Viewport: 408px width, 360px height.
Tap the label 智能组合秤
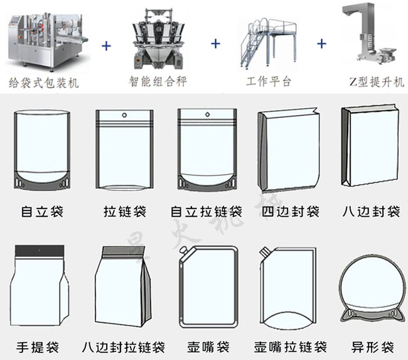158,82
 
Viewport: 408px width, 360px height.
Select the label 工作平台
269,82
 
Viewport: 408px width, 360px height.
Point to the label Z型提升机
377,82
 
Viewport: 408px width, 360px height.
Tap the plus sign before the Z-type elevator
322,44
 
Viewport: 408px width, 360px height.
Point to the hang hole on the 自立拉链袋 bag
207,116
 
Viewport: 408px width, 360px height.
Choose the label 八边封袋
371,211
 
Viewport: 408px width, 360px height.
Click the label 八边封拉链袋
124,347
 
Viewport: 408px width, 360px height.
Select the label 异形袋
372,347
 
